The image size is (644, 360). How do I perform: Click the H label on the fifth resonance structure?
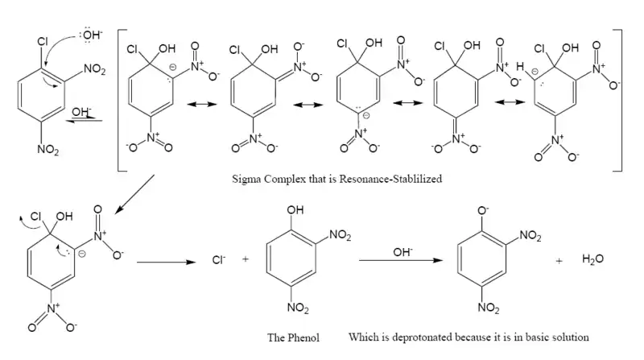pos(521,68)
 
